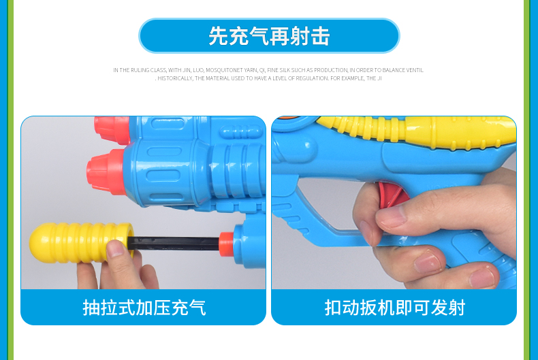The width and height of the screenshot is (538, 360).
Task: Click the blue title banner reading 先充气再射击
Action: tap(269, 35)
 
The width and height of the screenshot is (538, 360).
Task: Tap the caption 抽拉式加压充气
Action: tap(144, 307)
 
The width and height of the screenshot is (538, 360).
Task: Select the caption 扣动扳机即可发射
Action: tap(394, 307)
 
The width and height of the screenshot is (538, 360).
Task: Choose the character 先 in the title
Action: tap(218, 35)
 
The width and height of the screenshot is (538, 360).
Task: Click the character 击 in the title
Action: tap(320, 35)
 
